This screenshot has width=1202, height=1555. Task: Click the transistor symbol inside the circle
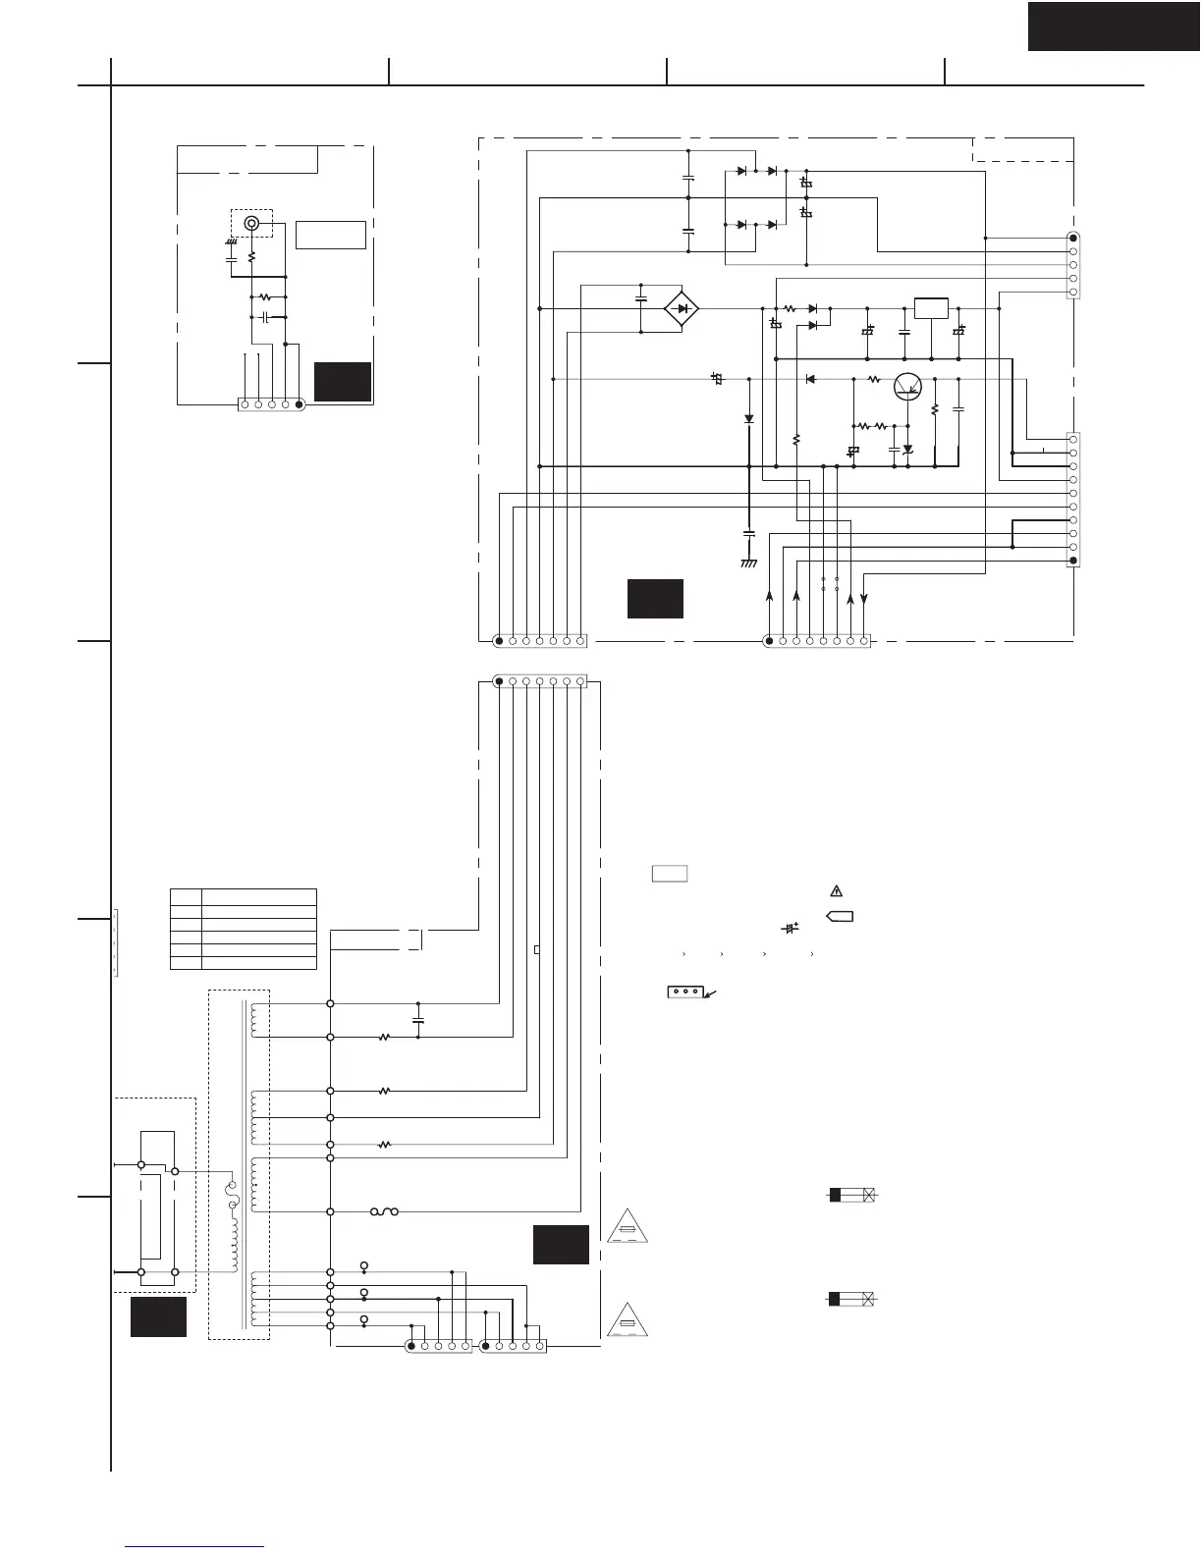907,386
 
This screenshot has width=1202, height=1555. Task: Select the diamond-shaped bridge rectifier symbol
682,309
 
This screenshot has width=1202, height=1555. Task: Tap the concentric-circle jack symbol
252,224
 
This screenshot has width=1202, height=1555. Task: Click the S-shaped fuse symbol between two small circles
384,1211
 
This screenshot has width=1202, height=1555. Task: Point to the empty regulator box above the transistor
930,307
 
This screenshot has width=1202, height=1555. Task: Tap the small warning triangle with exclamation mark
836,891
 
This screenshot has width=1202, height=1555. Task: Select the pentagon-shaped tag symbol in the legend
841,917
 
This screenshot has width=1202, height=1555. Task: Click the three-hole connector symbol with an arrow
685,992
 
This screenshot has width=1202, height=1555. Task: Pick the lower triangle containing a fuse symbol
627,1318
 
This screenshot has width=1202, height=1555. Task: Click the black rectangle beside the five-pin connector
343,381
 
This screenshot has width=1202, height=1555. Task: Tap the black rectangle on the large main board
655,599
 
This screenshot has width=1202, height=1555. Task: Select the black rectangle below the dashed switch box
158,1316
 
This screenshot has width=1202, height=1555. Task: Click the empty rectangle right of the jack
331,235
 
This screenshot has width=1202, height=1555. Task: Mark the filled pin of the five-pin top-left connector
300,403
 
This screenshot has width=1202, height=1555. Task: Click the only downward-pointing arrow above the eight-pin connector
863,596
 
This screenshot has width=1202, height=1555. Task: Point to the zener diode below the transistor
907,449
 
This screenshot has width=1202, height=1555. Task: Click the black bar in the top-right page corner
1114,27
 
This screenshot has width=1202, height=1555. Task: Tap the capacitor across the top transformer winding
418,1021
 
